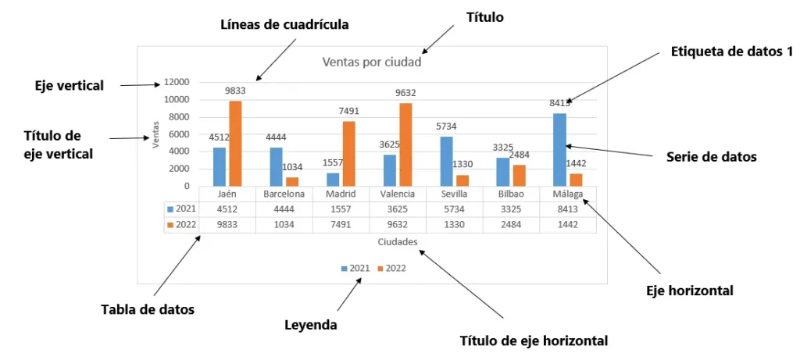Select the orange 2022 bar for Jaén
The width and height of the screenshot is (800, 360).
[x=234, y=144]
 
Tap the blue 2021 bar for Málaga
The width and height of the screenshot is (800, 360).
[x=559, y=149]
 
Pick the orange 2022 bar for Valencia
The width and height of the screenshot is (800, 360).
[x=405, y=144]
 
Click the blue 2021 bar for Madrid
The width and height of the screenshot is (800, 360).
[x=333, y=179]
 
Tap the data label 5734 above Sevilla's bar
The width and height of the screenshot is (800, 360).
[x=447, y=127]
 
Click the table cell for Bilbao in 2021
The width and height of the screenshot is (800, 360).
[x=509, y=209]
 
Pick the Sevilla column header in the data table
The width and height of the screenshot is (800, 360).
[x=454, y=194]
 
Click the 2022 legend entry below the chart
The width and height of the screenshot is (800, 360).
[x=392, y=268]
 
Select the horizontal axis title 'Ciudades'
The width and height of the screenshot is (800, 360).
[x=397, y=242]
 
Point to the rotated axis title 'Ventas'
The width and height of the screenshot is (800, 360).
[x=155, y=133]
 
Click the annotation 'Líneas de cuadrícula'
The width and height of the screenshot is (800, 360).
[x=284, y=24]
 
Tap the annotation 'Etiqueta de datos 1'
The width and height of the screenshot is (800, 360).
[x=731, y=52]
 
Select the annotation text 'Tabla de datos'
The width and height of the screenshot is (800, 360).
[x=148, y=309]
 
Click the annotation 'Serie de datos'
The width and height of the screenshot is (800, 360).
[x=711, y=156]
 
